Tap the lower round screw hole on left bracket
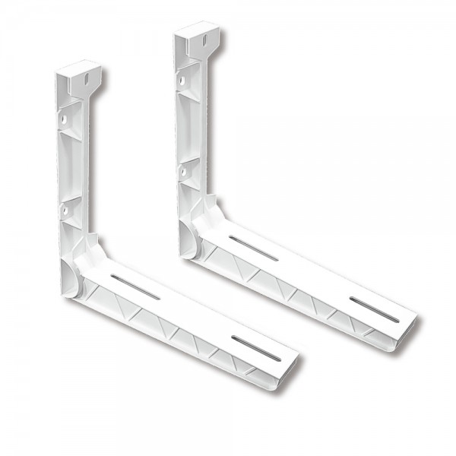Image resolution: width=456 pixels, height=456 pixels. tap(65, 207)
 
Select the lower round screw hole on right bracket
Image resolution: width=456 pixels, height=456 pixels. tap(183, 172)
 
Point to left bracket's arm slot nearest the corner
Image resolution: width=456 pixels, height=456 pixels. tap(135, 287)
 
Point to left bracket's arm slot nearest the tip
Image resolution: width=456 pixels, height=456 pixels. tap(255, 348)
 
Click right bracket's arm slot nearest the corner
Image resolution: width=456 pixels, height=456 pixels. tap(253, 248)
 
